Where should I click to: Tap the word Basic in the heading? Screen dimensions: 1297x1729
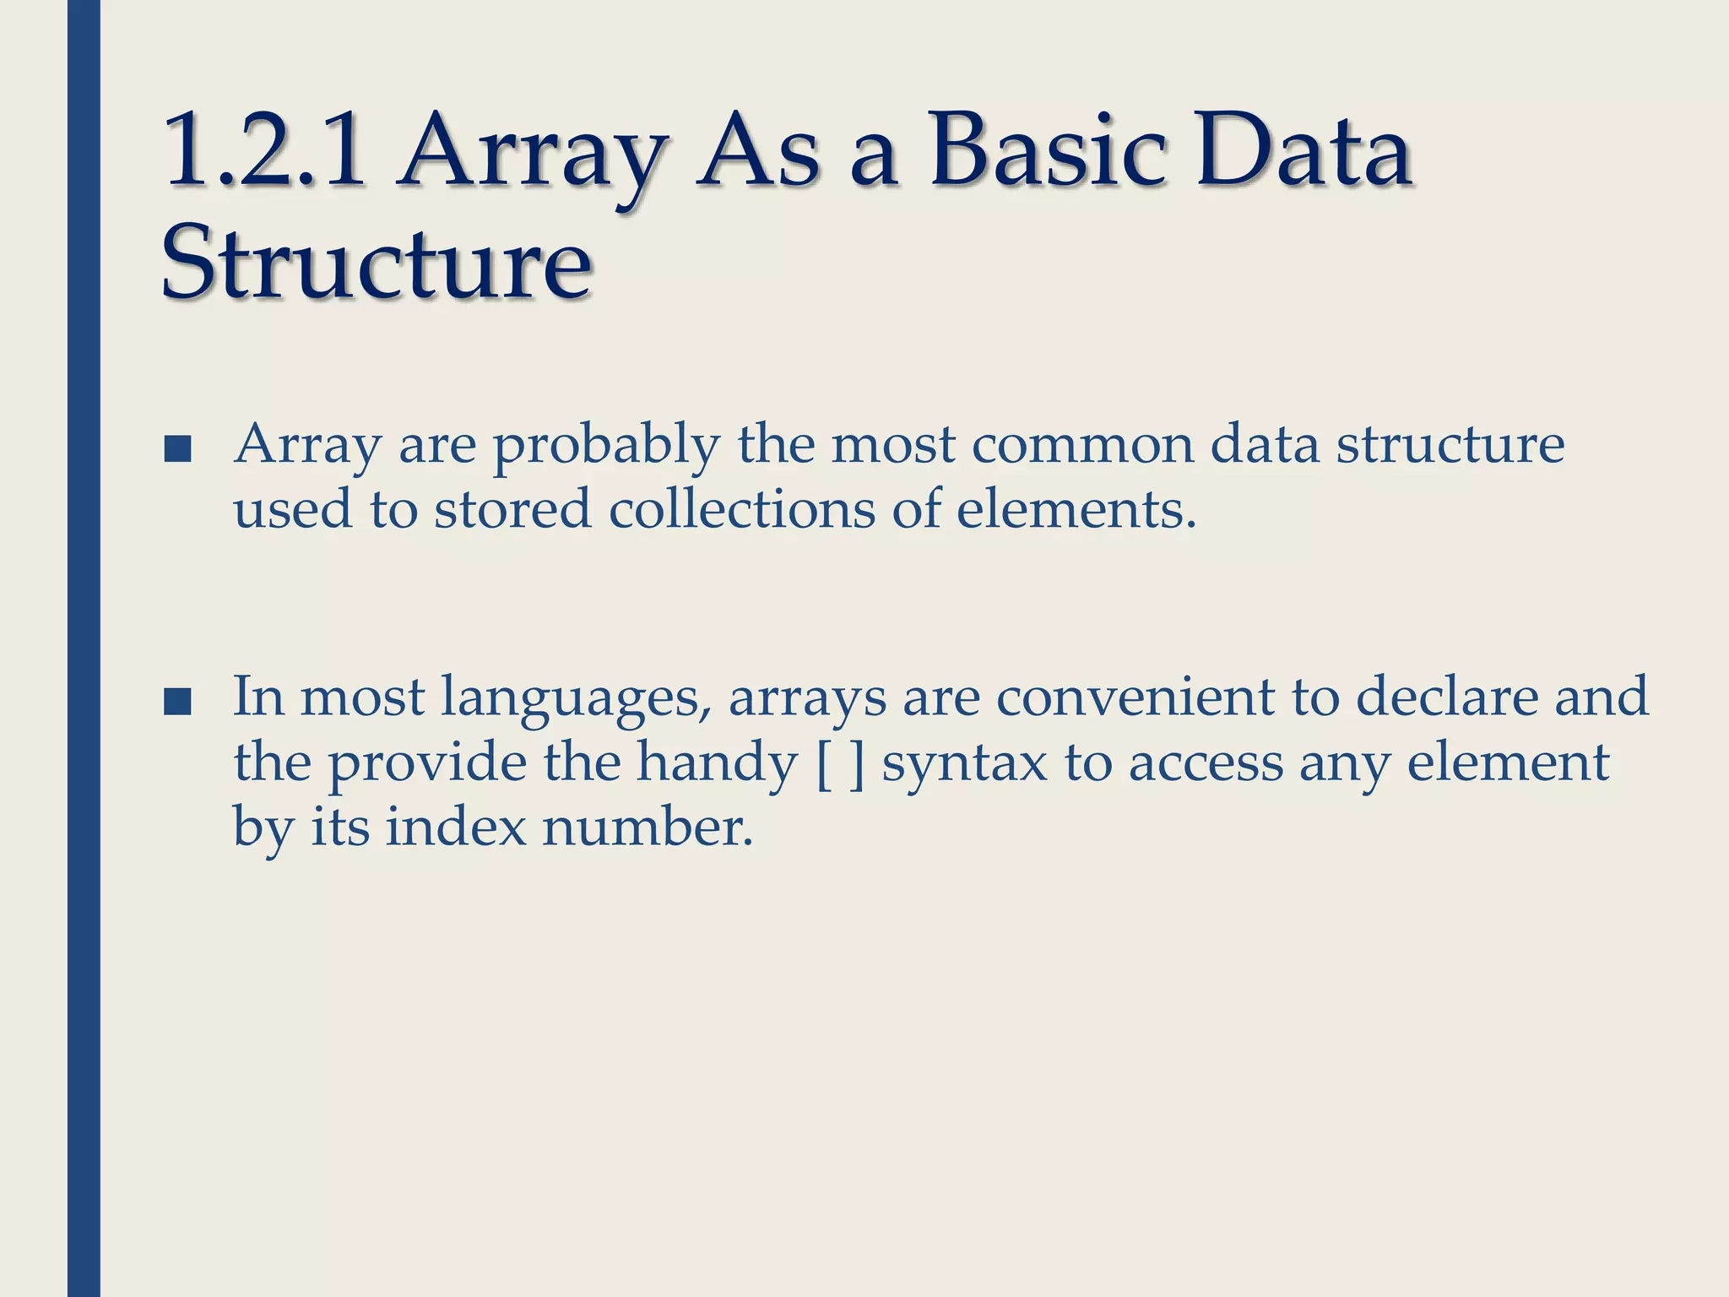[1049, 152]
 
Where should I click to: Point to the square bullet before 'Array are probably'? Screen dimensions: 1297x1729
[177, 450]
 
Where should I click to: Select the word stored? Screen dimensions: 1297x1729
[512, 509]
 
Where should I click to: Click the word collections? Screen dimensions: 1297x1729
[742, 509]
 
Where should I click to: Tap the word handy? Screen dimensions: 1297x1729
[716, 763]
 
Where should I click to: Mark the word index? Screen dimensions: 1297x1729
[456, 827]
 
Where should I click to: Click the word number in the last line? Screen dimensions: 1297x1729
[647, 827]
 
